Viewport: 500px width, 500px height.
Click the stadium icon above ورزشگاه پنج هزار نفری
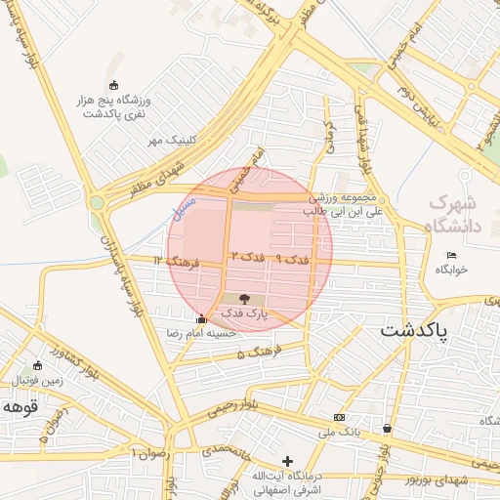click(114, 85)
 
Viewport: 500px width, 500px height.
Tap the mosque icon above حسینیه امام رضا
click(201, 318)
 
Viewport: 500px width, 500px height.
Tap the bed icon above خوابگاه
click(450, 255)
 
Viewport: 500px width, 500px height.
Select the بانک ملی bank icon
click(339, 417)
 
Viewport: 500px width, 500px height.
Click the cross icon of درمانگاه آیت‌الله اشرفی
click(287, 461)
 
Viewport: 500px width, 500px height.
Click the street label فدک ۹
click(292, 260)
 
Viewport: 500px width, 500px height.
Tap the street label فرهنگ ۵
click(259, 351)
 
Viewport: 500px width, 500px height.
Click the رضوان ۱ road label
click(152, 454)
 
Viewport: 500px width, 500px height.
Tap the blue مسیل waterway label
click(182, 208)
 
